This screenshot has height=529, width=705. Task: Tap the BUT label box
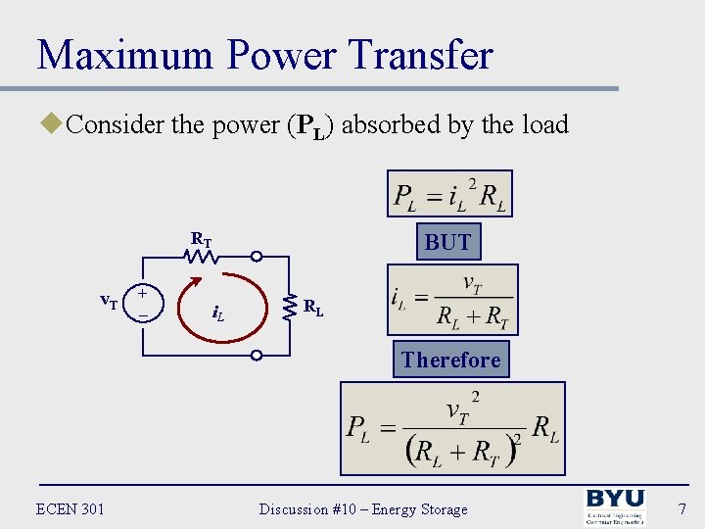coord(448,242)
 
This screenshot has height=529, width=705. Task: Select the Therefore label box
coord(450,360)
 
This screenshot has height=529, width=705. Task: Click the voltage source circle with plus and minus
coord(143,304)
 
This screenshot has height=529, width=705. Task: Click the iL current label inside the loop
coord(218,313)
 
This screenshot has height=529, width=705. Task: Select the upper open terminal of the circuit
coord(256,258)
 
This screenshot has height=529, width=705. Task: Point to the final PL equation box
coord(452,428)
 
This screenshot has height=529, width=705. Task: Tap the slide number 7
coord(681,508)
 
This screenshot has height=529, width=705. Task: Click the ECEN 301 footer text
coord(70,508)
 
